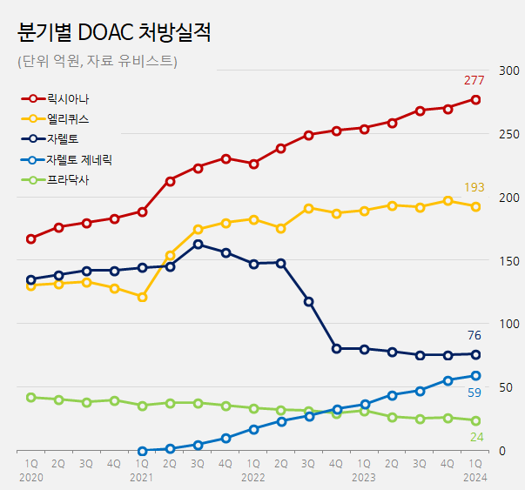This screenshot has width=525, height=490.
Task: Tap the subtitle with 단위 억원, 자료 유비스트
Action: click(97, 61)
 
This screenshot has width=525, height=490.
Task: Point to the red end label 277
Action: click(474, 81)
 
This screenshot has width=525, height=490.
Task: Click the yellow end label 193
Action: click(474, 188)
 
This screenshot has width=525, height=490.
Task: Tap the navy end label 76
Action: click(475, 336)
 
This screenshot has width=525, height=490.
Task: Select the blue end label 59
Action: click(475, 393)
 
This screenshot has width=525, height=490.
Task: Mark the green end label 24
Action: click(476, 436)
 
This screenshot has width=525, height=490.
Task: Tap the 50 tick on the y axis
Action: click(502, 387)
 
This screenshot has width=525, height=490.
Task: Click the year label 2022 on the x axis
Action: click(253, 478)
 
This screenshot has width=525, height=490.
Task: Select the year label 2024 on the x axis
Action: click(475, 478)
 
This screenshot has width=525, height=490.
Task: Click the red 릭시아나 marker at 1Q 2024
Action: click(475, 99)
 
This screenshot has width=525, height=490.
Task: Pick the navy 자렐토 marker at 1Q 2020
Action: click(31, 280)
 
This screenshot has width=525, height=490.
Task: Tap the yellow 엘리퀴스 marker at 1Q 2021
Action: click(142, 297)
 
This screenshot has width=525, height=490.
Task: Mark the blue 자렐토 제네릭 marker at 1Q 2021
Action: click(142, 451)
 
